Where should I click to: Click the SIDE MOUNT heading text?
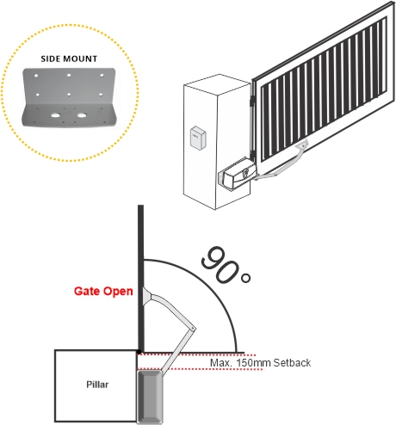[x=69, y=59]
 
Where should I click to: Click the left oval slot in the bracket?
[x=56, y=115]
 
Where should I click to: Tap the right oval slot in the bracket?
[x=82, y=115]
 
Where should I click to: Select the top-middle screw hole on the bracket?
[x=69, y=76]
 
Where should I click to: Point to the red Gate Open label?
[x=103, y=291]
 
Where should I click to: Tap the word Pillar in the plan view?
[x=97, y=385]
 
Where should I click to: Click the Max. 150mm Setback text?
[x=260, y=363]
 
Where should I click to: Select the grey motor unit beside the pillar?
[x=149, y=397]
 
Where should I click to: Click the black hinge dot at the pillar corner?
[x=139, y=352]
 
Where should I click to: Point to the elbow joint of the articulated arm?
[x=192, y=329]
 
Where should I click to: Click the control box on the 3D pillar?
[x=198, y=138]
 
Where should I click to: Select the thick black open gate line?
[x=140, y=278]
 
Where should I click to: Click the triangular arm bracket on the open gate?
[x=148, y=298]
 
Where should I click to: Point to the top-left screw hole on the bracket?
[x=36, y=76]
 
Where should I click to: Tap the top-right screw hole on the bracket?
[x=102, y=76]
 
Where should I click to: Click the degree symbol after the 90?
[x=246, y=278]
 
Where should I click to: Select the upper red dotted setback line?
[x=196, y=355]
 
